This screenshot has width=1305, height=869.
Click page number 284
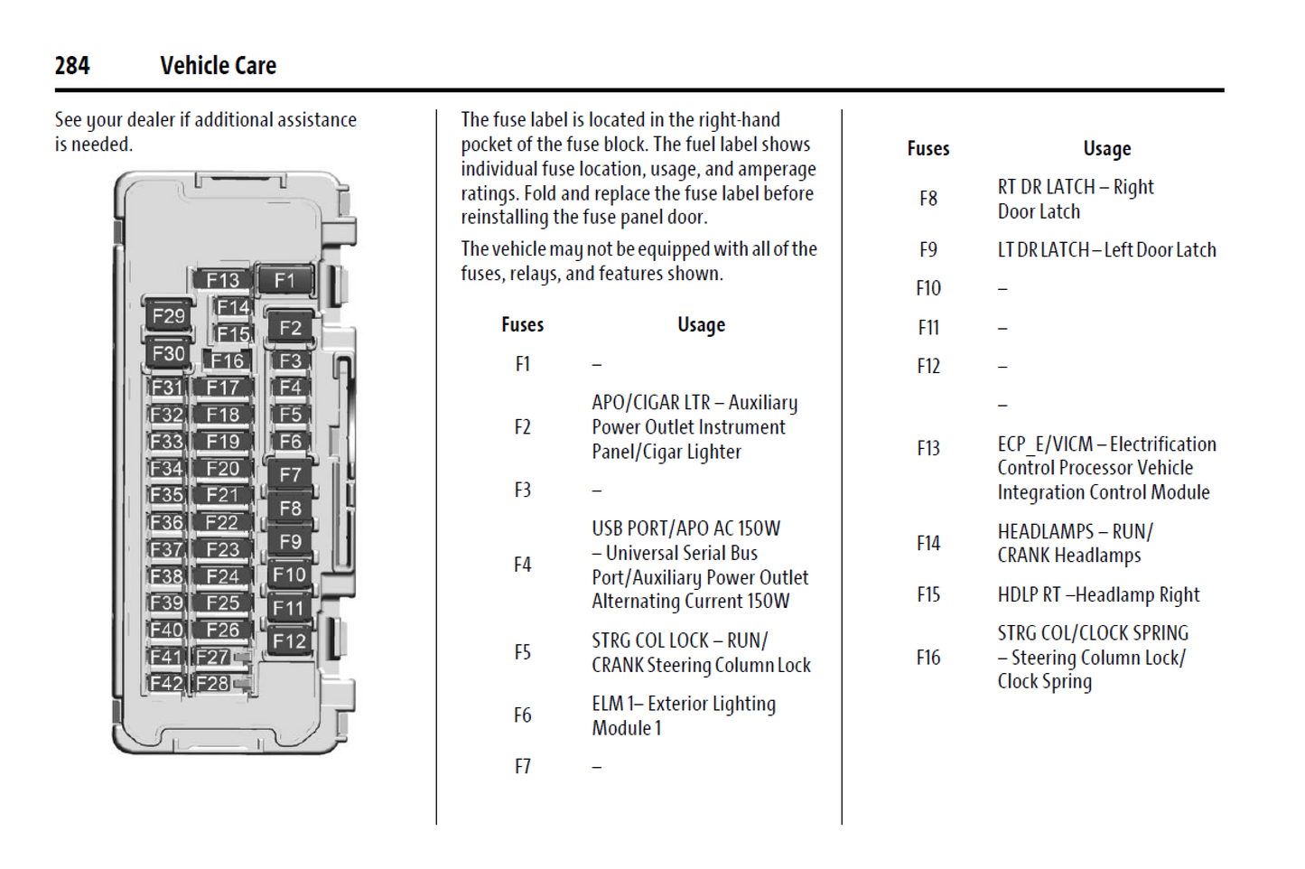[x=71, y=66]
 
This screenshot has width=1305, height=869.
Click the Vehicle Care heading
[x=218, y=66]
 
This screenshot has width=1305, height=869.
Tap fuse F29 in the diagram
[x=169, y=316]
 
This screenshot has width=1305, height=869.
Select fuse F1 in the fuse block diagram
[x=284, y=281]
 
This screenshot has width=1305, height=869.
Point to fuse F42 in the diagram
[x=166, y=683]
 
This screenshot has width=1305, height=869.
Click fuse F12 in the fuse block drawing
[x=289, y=641]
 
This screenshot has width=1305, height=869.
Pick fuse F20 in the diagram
[x=222, y=469]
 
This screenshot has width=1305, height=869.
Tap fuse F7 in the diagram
[x=290, y=475]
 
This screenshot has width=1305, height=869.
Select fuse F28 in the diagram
[x=213, y=683]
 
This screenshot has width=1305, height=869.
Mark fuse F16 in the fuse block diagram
[x=227, y=361]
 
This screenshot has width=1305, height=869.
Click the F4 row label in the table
[x=522, y=565]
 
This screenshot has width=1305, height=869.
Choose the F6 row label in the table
[x=522, y=716]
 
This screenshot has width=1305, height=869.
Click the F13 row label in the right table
[x=927, y=449]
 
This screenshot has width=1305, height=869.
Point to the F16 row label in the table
[x=927, y=659]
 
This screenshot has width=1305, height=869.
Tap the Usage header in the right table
[x=1106, y=149]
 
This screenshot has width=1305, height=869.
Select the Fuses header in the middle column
[x=522, y=325]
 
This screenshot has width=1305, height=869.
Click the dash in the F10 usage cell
[x=1002, y=289]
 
